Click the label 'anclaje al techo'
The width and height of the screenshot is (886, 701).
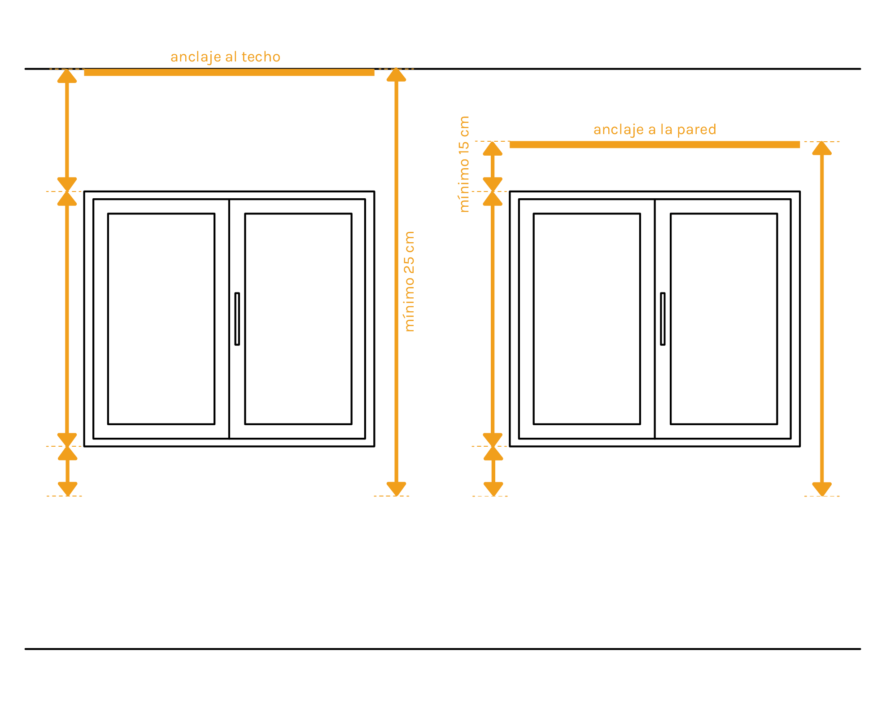click(x=225, y=57)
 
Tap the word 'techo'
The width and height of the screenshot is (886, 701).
click(x=261, y=57)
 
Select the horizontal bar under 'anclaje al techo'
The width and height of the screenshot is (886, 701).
click(x=229, y=73)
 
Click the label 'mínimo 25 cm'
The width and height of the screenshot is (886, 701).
click(x=409, y=282)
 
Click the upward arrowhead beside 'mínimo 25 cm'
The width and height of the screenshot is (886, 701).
click(x=396, y=75)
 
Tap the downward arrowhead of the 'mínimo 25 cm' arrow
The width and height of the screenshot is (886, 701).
click(x=396, y=488)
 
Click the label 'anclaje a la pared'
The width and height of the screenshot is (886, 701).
click(x=655, y=130)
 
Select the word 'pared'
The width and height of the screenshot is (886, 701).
click(x=696, y=130)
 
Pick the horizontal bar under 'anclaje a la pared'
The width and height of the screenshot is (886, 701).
click(x=655, y=144)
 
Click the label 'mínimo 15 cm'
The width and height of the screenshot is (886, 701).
click(x=464, y=164)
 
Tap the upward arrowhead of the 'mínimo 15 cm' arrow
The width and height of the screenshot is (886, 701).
click(x=493, y=148)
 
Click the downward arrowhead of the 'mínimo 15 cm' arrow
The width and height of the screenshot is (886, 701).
click(x=493, y=184)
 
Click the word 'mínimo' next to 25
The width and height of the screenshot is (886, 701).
click(x=409, y=305)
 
